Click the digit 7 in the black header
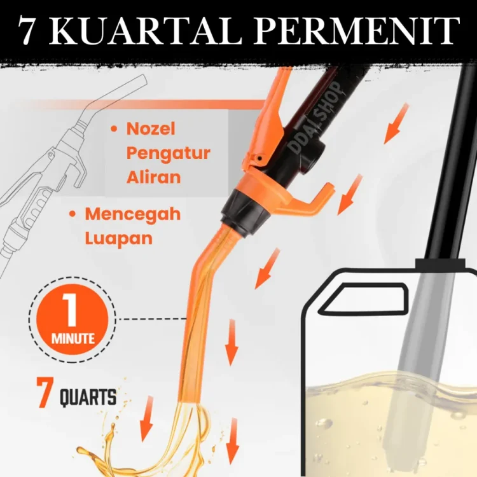coord(26,31)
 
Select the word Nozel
coord(151,128)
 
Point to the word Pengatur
coord(169,154)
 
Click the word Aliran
coord(154,177)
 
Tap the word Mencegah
coord(133,215)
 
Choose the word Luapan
coord(119,238)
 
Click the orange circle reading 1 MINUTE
coord(73,319)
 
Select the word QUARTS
coord(88,397)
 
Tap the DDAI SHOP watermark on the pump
coord(315,118)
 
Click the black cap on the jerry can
coord(440,263)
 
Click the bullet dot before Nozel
coord(114,129)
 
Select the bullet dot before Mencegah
coord(73,214)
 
